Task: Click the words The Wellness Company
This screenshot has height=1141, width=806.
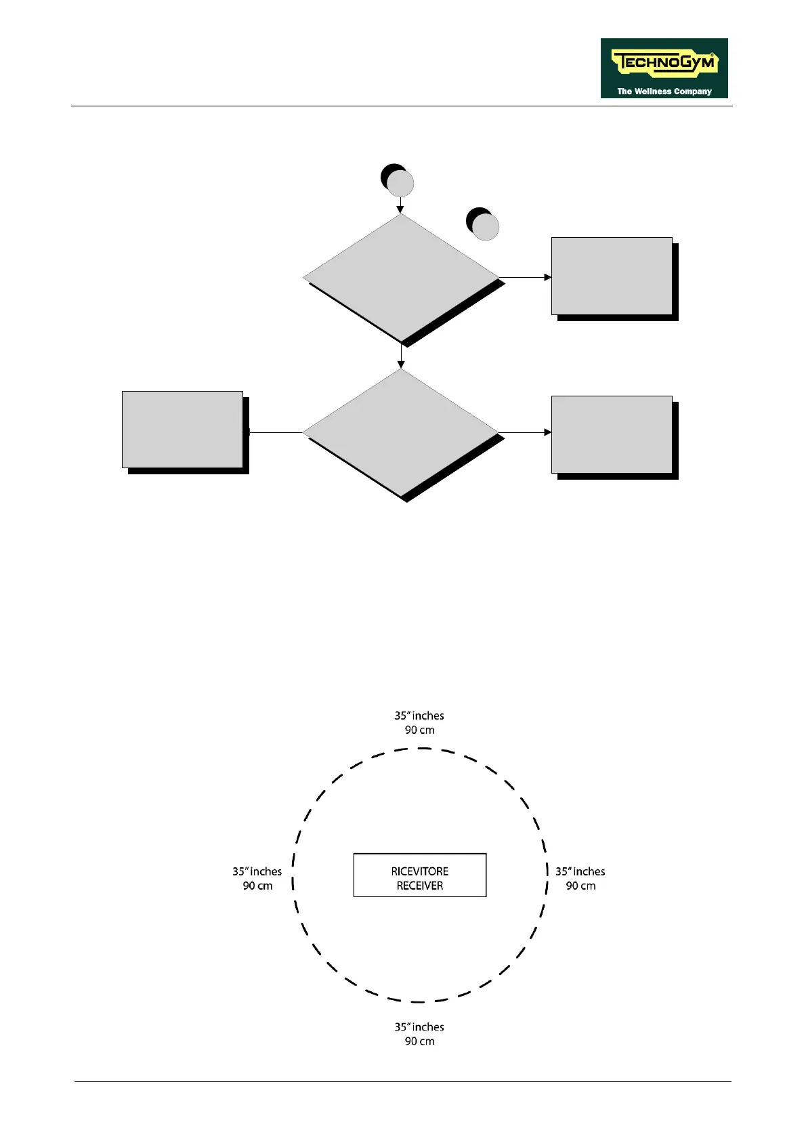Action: pos(664,91)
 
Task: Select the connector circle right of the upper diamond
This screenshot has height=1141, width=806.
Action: pos(484,226)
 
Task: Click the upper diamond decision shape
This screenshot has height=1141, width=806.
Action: pos(401,278)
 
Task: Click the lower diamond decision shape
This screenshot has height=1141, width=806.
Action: pos(401,432)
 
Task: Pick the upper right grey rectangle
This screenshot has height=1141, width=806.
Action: pos(612,276)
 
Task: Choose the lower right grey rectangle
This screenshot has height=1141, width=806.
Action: pos(612,434)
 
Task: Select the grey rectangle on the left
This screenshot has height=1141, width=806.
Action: pos(182,430)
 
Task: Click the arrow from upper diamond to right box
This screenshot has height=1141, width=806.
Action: pos(526,277)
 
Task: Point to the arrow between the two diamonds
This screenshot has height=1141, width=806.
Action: pos(401,356)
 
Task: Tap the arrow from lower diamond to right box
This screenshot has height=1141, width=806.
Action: pos(526,432)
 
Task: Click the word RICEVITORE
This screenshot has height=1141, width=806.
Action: pos(420,871)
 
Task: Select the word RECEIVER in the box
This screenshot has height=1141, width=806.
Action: pos(420,886)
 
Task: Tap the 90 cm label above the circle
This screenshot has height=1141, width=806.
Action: pos(420,730)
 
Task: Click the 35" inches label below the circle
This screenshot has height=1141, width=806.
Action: pos(420,1027)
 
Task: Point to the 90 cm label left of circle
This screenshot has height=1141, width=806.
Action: pos(258,886)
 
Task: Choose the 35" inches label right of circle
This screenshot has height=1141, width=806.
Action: pos(580,871)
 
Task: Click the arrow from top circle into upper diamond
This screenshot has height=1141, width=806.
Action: pos(400,205)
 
